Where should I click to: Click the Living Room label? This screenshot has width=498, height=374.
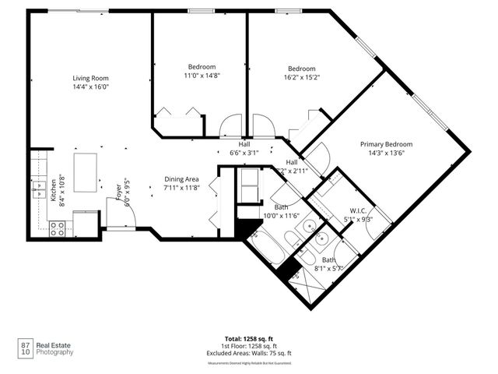90,78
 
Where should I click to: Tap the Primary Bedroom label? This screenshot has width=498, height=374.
386,144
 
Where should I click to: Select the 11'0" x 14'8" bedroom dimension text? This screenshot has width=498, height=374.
202,76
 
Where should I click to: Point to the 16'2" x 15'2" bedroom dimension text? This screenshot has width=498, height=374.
301,77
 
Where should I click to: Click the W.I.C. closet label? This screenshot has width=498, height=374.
358,210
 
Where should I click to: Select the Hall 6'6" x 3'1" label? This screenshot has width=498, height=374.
244,149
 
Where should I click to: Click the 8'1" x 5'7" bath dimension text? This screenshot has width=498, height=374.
329,269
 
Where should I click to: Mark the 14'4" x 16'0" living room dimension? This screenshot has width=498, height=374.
90,87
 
